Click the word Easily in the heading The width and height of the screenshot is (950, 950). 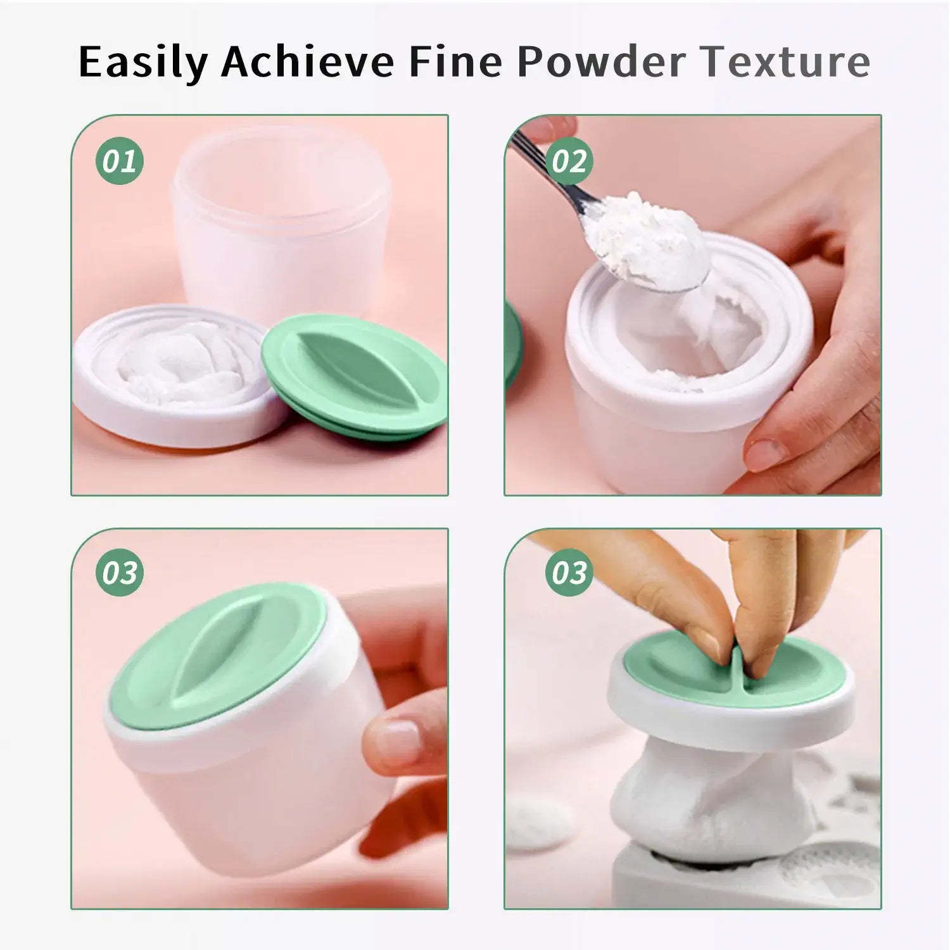coord(143,62)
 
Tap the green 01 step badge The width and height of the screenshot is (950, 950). coord(120,161)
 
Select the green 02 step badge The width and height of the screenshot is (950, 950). coord(569,161)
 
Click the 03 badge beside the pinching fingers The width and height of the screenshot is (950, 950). coord(569,573)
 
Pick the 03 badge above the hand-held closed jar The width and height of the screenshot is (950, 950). coord(120,573)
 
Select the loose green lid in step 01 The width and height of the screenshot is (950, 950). coord(355,377)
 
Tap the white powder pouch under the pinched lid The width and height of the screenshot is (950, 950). coord(712,798)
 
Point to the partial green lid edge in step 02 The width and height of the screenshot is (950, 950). coord(513,345)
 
